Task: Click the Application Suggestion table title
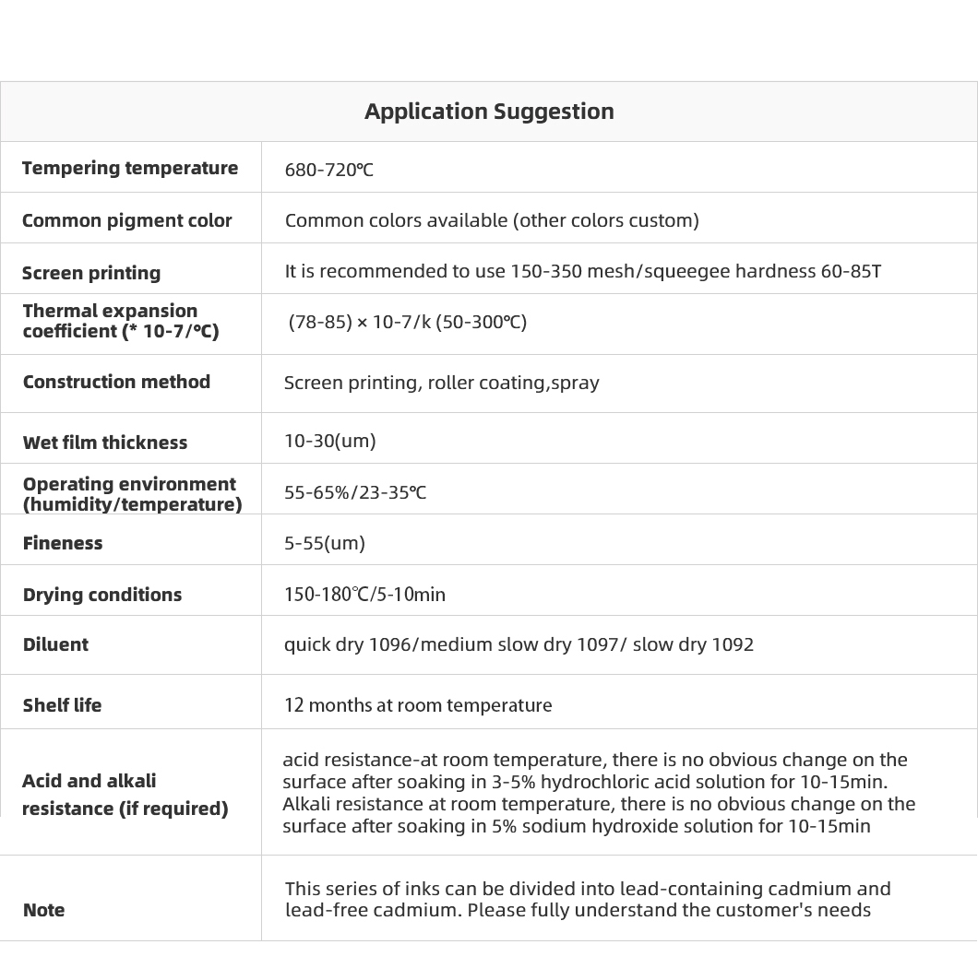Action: [x=489, y=112]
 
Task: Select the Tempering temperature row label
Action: [x=130, y=168]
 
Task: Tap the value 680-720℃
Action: [x=329, y=170]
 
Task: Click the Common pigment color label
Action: [x=127, y=220]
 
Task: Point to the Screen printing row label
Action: [x=91, y=273]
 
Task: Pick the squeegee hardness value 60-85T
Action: [x=851, y=271]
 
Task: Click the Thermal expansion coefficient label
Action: [x=120, y=321]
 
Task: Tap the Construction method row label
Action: [x=116, y=382]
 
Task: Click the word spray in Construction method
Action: [x=575, y=383]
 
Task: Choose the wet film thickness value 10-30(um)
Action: [x=330, y=441]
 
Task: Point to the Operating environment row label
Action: [x=132, y=494]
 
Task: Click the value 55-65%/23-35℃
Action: [x=355, y=492]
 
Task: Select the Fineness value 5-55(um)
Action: [x=325, y=543]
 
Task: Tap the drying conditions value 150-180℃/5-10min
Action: [x=364, y=595]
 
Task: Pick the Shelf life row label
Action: [x=63, y=705]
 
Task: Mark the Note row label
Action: [x=44, y=910]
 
